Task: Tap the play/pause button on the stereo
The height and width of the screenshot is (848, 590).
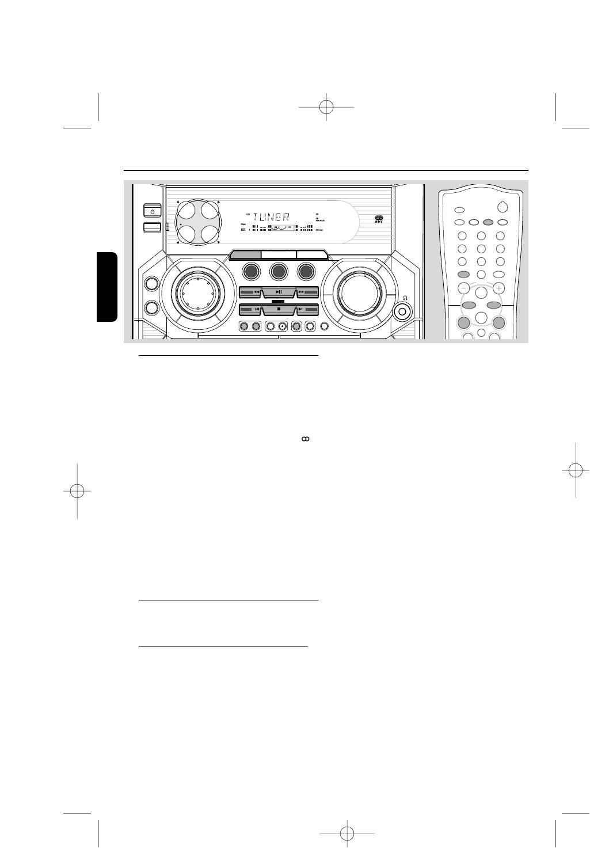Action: (x=279, y=292)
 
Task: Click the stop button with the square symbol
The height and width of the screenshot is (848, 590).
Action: (x=279, y=309)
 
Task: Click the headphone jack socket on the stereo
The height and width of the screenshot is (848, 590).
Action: (x=402, y=311)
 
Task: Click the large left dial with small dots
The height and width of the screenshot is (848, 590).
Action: (x=197, y=293)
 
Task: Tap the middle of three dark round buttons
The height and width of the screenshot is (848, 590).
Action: (x=279, y=271)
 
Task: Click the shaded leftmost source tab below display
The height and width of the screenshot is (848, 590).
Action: (x=245, y=254)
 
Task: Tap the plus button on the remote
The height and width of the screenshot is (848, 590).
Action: (x=499, y=288)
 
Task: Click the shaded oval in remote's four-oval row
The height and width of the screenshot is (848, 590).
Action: (x=488, y=222)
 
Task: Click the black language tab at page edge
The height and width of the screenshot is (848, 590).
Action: (x=108, y=286)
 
